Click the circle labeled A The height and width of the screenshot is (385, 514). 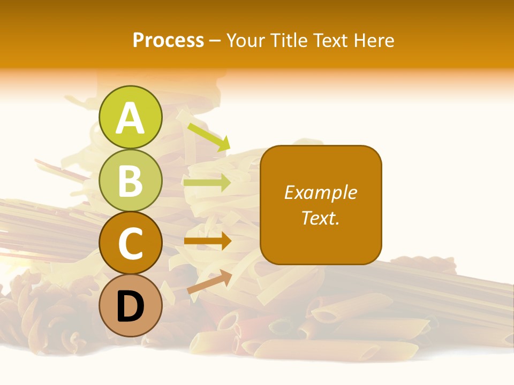coord(130,118)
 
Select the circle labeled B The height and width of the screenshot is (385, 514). coord(130,180)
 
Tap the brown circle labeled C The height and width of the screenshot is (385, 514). coord(130,243)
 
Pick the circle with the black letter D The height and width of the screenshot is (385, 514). coord(130,306)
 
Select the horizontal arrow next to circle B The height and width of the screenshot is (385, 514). coord(207,183)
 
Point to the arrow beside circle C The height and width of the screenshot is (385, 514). coord(207,241)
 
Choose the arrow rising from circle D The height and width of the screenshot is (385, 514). coord(209,282)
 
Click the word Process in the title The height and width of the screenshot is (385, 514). coord(168,41)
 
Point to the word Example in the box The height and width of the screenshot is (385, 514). coord(321,192)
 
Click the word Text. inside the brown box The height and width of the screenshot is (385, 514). coord(321,218)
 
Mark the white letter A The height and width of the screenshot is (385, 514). coord(130,118)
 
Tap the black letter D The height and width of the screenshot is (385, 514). coord(130,306)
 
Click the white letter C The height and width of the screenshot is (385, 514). coord(130,244)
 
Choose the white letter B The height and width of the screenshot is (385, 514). coord(130,181)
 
